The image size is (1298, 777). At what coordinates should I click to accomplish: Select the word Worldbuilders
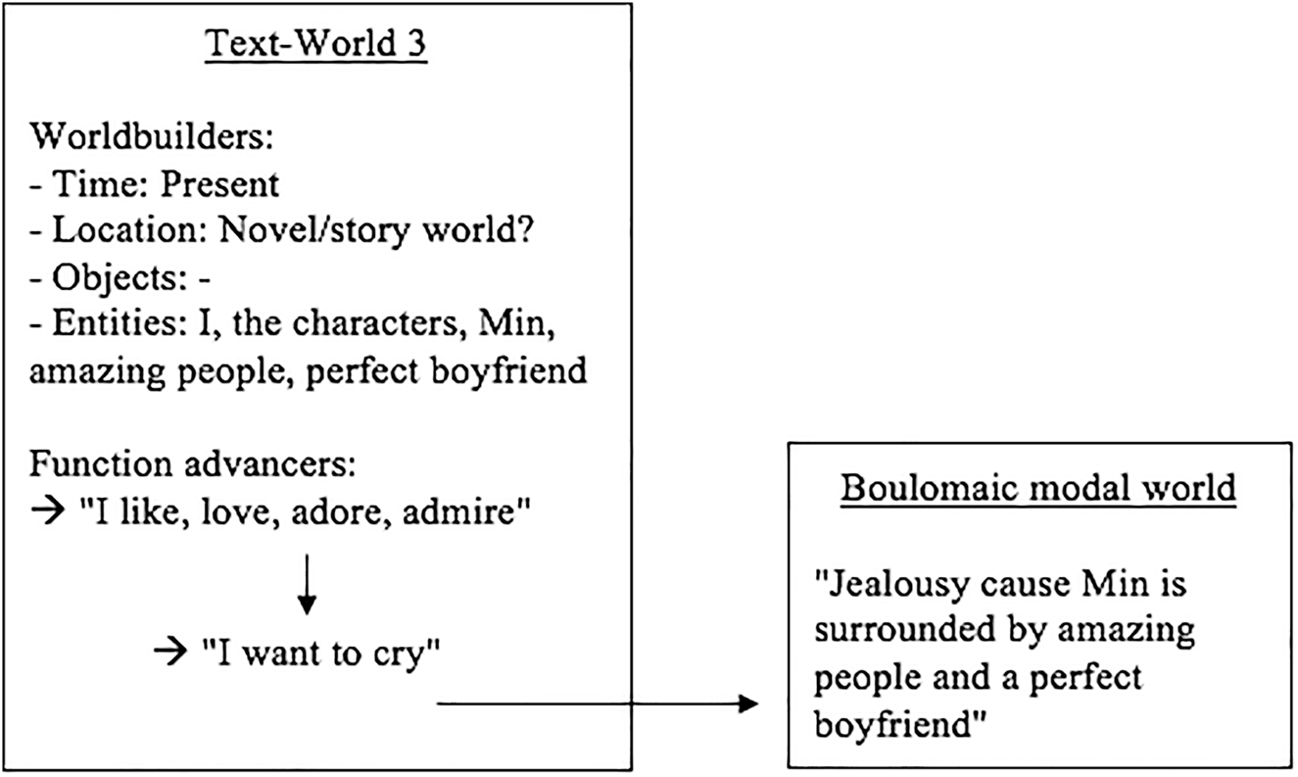click(150, 137)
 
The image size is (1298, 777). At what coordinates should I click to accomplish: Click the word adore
click(369, 513)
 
